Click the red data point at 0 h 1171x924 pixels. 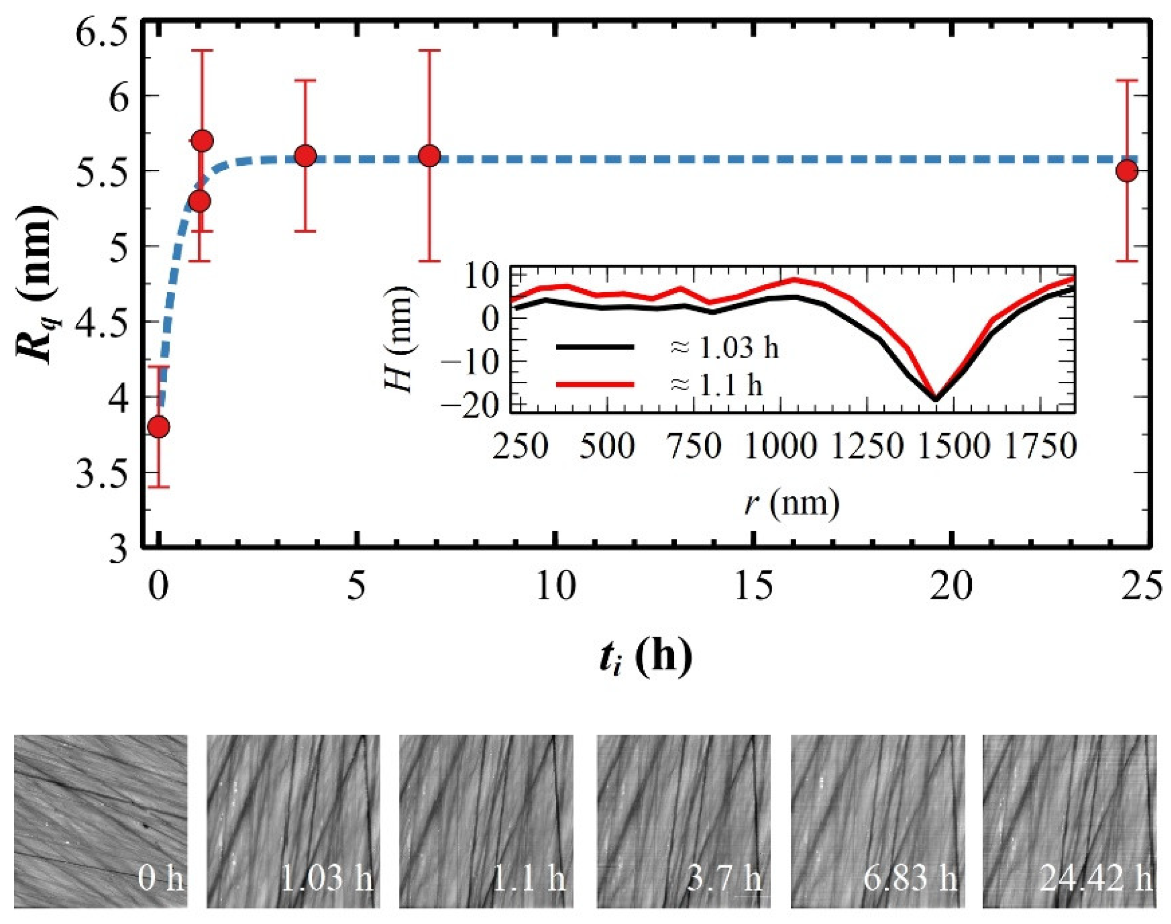(x=158, y=428)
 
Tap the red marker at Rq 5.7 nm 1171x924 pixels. (x=202, y=142)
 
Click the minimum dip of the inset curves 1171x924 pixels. (x=936, y=399)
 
